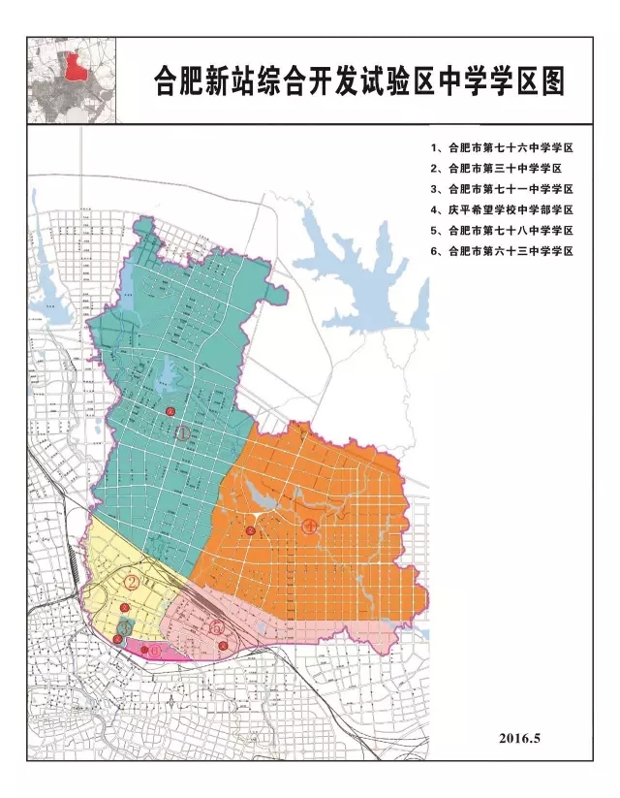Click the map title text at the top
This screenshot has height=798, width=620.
pos(359,81)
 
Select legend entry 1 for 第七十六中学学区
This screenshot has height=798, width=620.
pos(503,149)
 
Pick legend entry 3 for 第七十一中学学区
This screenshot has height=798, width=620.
pos(503,189)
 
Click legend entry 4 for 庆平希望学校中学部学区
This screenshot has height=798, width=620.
pos(503,209)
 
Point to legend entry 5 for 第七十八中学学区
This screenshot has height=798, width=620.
pos(503,230)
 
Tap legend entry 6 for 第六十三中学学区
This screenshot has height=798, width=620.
pos(503,250)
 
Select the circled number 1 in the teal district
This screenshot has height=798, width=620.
pos(182,433)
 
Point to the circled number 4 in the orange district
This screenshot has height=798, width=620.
pos(309,527)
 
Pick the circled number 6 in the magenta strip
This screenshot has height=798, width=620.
pos(155,651)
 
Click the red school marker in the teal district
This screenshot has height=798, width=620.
pos(170,412)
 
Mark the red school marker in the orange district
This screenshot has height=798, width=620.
pos(250,530)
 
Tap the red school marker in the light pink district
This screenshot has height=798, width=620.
pos(223,646)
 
